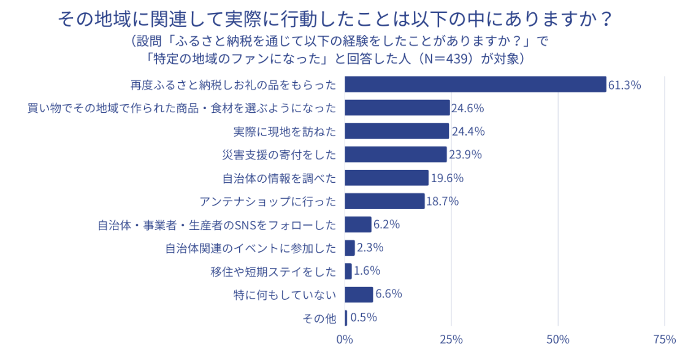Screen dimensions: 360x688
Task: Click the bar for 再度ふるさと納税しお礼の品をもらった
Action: [x=475, y=85]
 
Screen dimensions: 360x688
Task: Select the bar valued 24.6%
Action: [x=397, y=108]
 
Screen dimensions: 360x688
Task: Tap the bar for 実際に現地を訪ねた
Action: [x=397, y=131]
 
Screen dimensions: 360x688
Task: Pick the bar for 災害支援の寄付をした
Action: [x=396, y=154]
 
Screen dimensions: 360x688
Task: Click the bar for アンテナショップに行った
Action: [x=384, y=201]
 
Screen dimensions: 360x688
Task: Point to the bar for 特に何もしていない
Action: [x=359, y=294]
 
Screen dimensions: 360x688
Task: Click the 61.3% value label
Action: [x=624, y=85]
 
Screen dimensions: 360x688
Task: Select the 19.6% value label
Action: [x=446, y=178]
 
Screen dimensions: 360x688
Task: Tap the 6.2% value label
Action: [x=386, y=224]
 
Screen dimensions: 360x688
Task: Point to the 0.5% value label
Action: [x=363, y=318]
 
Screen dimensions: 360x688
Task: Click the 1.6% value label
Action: [x=367, y=271]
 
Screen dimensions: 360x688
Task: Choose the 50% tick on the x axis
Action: [x=558, y=340]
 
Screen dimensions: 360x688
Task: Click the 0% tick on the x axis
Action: [x=345, y=340]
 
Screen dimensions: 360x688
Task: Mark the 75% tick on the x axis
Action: [x=665, y=340]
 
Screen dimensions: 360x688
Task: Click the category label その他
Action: [x=320, y=318]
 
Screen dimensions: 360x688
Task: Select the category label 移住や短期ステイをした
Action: [x=273, y=271]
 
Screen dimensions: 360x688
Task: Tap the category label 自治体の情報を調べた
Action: [x=279, y=178]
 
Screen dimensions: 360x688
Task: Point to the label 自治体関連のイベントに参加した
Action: [x=251, y=248]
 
